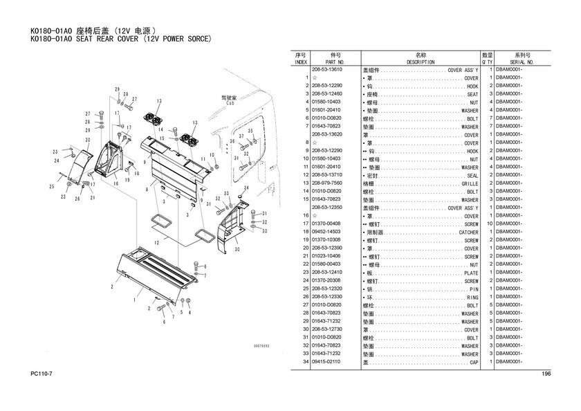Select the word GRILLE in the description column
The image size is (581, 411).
tap(470, 183)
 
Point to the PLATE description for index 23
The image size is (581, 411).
tap(471, 273)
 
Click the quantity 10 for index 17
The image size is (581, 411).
tap(489, 224)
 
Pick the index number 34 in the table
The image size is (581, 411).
tap(304, 361)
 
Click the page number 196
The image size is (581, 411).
tap(546, 374)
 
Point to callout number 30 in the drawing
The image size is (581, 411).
tap(237, 248)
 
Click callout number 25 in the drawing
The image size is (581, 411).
tap(51, 187)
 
